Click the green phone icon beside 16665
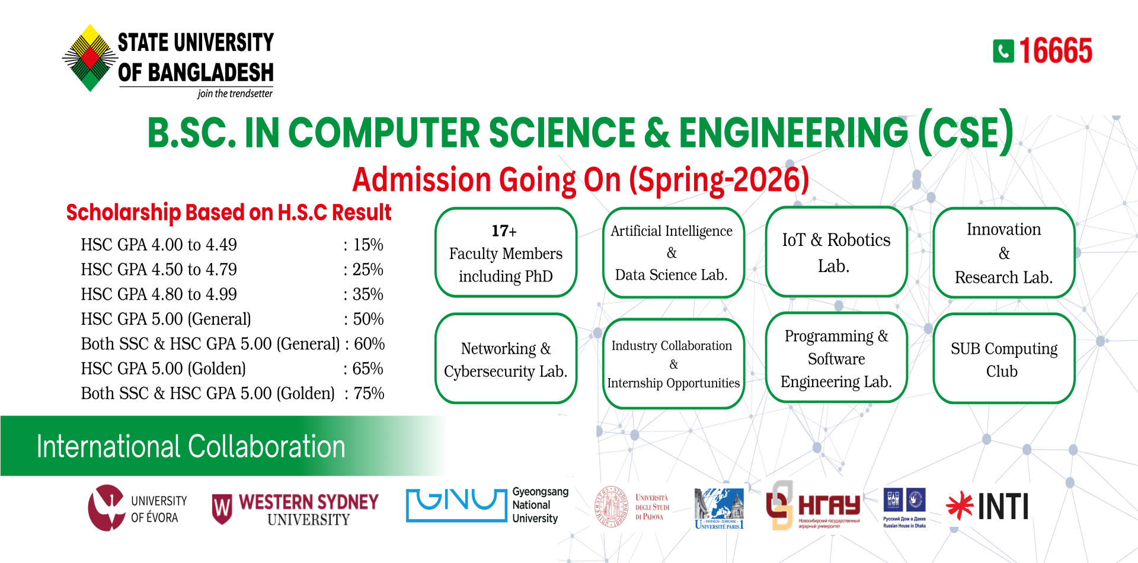click(1003, 51)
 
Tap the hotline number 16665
click(1056, 51)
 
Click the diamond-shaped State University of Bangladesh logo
click(90, 58)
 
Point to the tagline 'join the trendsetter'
click(235, 94)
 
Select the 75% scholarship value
click(369, 394)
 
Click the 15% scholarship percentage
click(368, 245)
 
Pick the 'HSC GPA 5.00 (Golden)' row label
click(163, 369)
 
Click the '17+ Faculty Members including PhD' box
click(506, 253)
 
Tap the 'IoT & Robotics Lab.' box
click(836, 252)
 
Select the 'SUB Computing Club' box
click(1003, 359)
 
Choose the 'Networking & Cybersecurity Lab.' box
click(506, 359)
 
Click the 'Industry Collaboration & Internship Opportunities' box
click(673, 364)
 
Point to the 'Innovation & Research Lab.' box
click(1003, 253)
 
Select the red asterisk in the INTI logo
click(960, 506)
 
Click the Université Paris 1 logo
click(719, 508)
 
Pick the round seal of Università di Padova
click(611, 507)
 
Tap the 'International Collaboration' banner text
click(191, 446)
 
